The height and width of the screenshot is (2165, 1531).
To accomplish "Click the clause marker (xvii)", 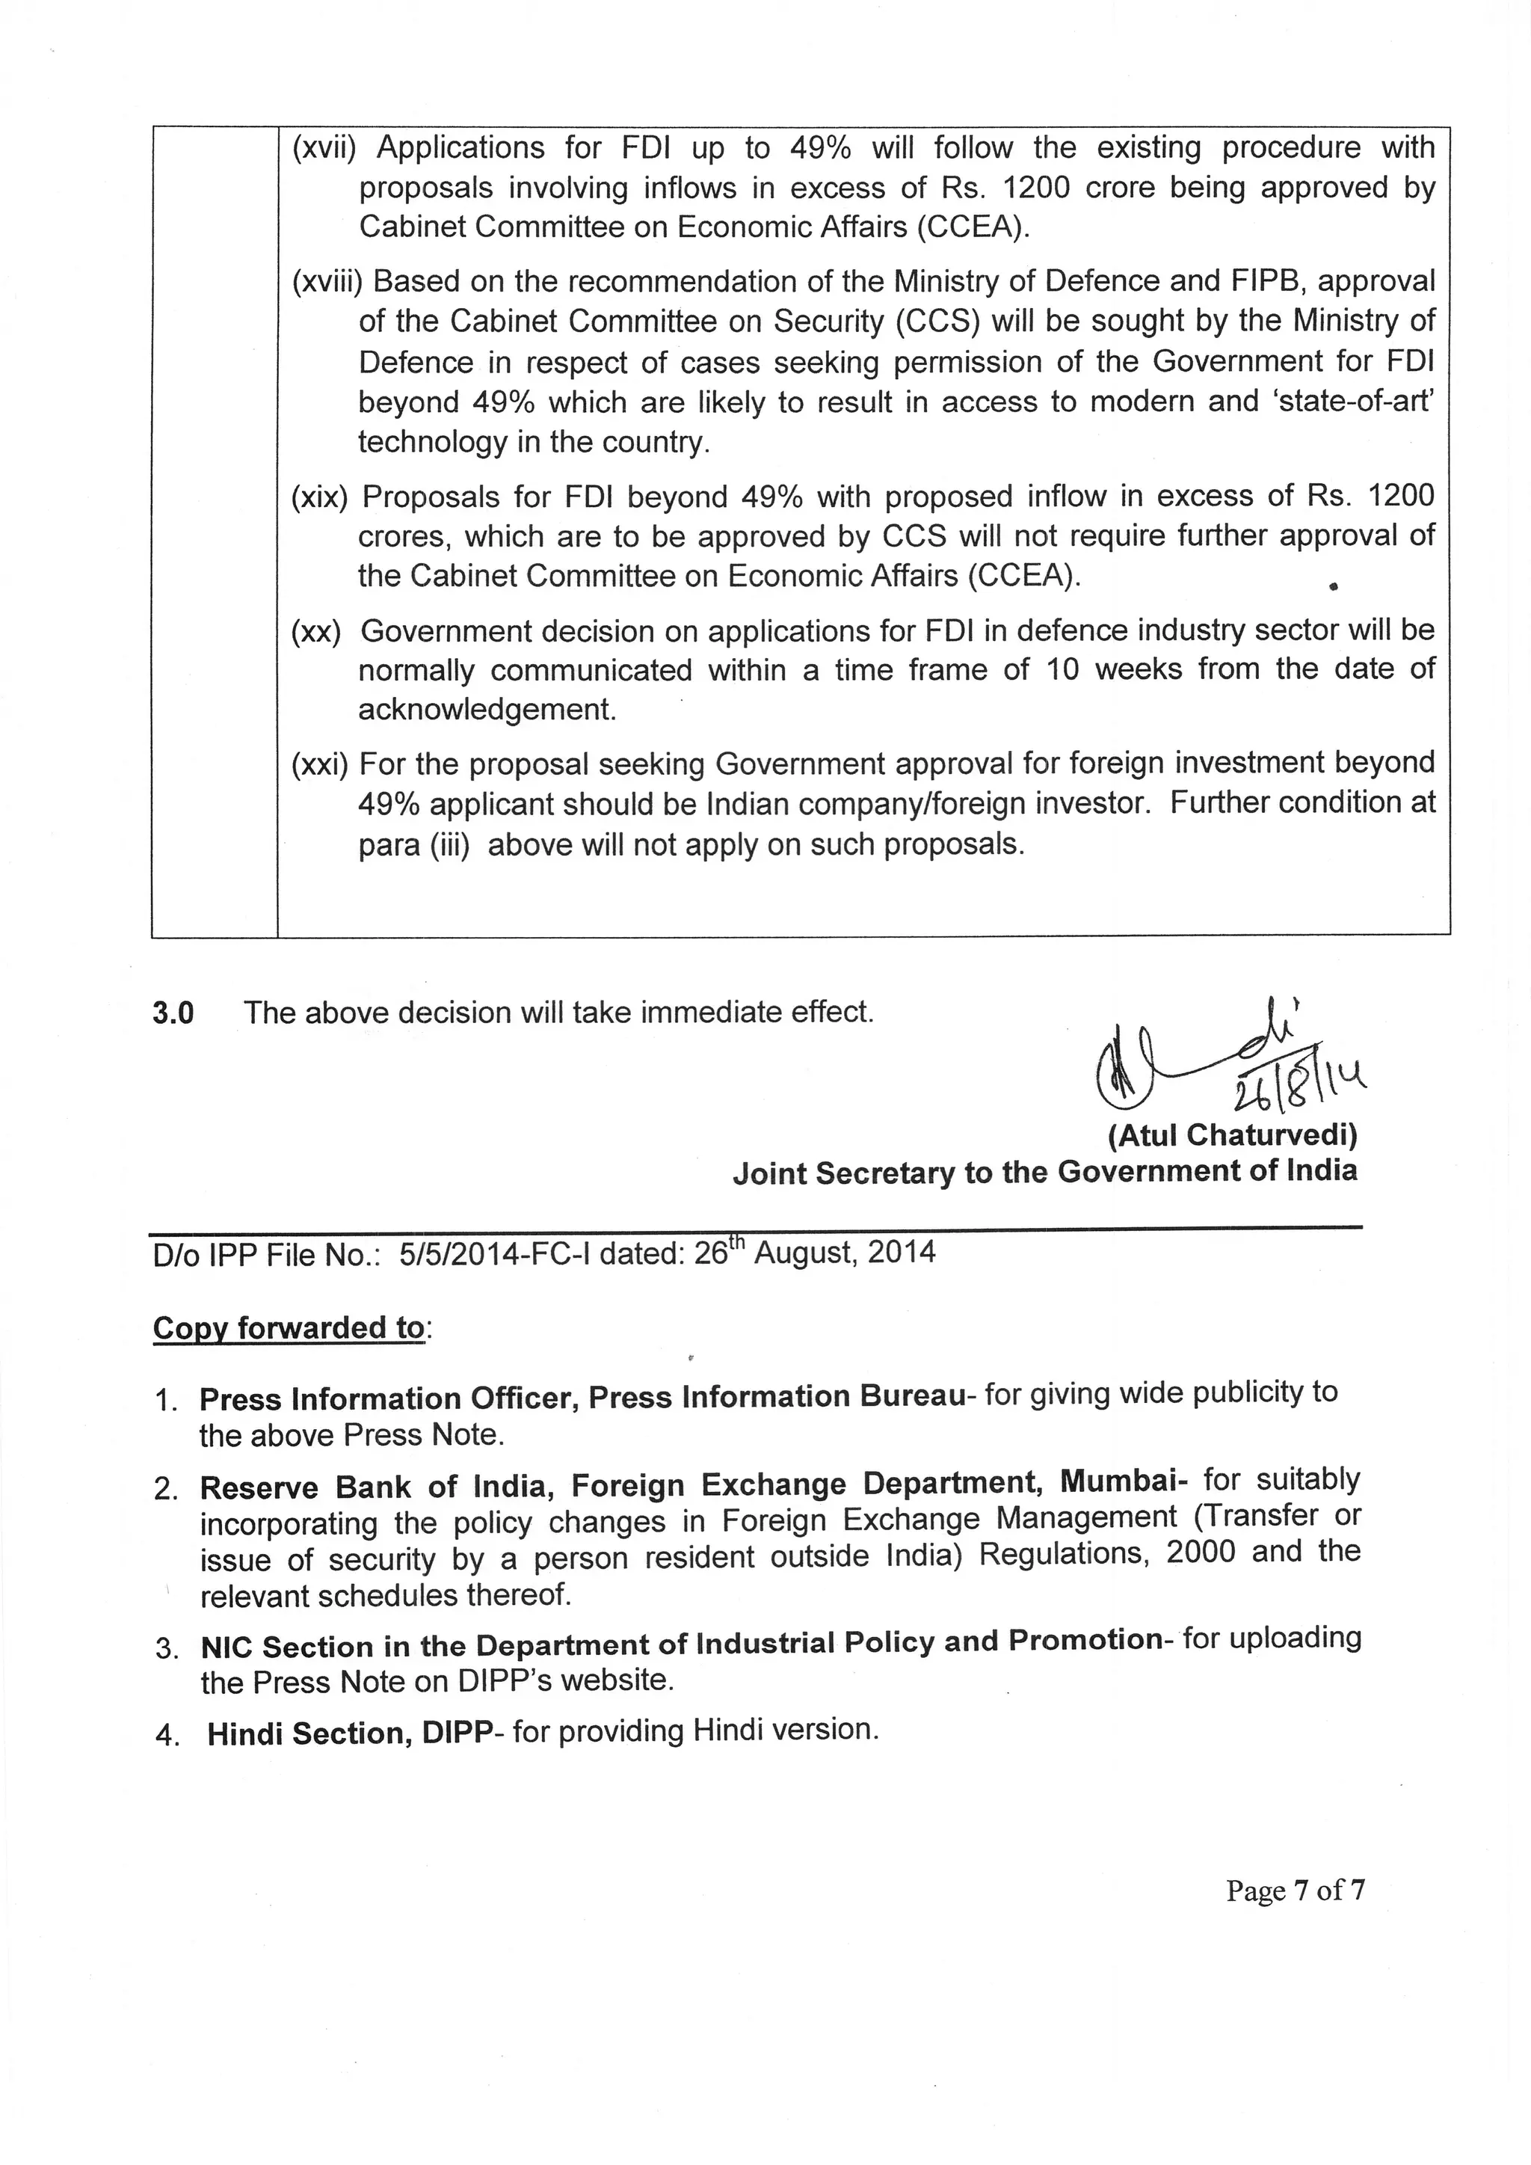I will (x=324, y=149).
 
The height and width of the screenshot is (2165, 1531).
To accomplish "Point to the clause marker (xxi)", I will (x=320, y=764).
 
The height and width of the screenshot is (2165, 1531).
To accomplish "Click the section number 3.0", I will (x=173, y=1013).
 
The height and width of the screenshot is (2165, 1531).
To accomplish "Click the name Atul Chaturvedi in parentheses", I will (x=1233, y=1135).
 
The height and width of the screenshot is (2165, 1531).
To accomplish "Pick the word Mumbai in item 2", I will (x=1123, y=1482).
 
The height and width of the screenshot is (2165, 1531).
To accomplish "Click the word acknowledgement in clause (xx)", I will (x=487, y=710).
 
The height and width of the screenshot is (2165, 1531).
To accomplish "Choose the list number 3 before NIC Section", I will (x=166, y=1649).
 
